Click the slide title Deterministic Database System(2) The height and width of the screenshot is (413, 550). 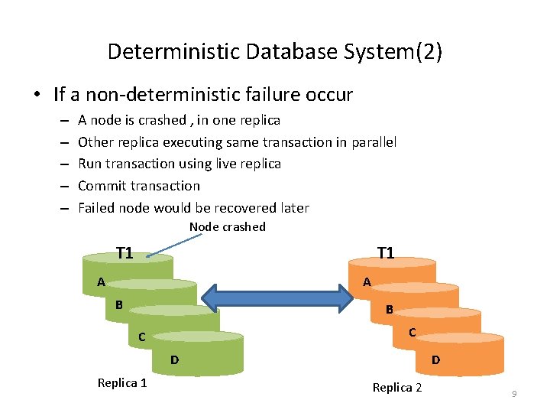coord(275,51)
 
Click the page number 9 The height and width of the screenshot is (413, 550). coord(514,393)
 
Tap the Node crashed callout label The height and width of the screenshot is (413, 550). coord(227,226)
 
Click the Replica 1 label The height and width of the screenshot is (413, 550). coord(122,383)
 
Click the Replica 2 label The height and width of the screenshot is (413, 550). coord(396,388)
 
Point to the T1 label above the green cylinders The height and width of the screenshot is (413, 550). coord(125,253)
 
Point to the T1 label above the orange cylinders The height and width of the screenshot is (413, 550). coord(386,253)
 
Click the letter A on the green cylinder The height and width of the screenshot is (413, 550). coord(101,282)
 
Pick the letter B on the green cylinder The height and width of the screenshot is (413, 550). coord(119,305)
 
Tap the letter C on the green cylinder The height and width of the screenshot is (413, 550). coord(141,337)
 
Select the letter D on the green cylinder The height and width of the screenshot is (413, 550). coord(174,359)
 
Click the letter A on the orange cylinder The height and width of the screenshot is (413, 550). coord(367,282)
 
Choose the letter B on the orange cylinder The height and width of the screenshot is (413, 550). coord(389,310)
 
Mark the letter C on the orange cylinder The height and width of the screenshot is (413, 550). coord(412,332)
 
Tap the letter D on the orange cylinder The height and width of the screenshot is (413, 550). coord(435,359)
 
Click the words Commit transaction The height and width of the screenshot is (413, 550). coord(139,186)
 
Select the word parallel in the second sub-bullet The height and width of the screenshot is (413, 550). coord(374,141)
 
